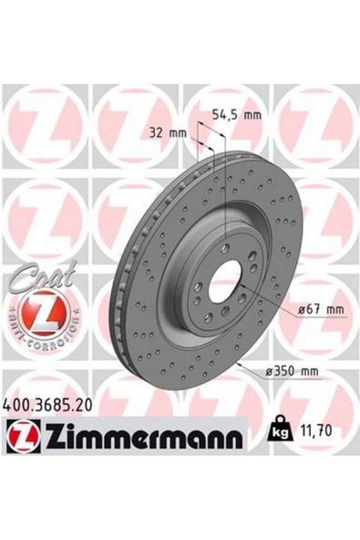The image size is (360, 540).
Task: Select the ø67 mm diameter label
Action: (322, 310)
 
